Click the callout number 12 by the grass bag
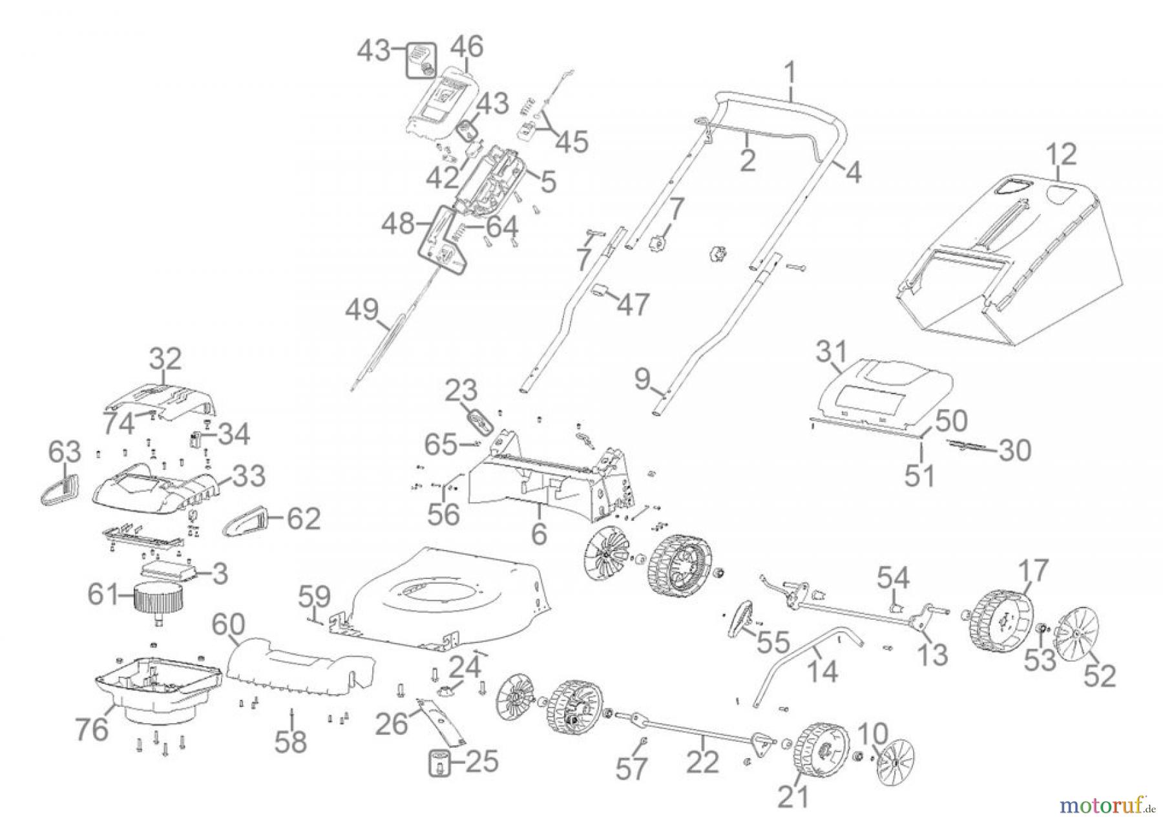[x=1062, y=155]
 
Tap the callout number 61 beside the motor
[x=103, y=595]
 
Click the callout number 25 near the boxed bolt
[x=482, y=761]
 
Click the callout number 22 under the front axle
[x=702, y=763]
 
